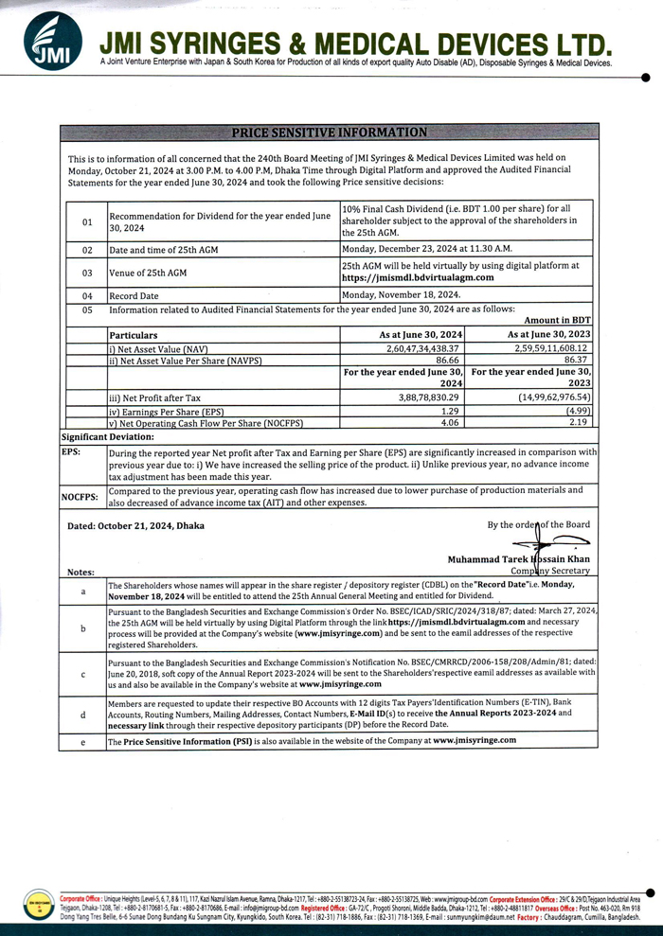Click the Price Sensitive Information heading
tap(329, 132)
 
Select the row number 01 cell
tap(87, 222)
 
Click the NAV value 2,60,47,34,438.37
tap(418, 348)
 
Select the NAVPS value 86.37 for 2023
tap(572, 361)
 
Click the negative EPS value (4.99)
tap(573, 412)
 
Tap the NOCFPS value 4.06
tap(450, 423)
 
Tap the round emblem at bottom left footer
tap(37, 904)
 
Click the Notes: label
tap(81, 572)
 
